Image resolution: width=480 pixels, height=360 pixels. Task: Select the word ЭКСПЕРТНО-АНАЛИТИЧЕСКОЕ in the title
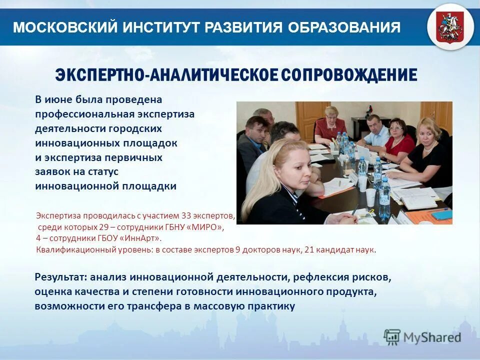(165, 75)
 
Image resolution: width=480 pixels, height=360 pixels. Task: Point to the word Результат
(59, 276)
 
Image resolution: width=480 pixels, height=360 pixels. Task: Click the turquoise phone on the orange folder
(441, 214)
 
